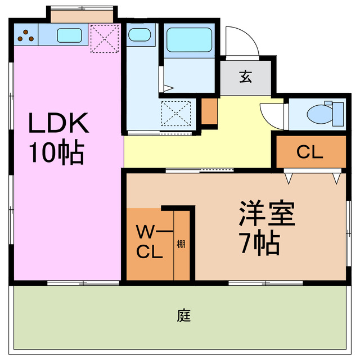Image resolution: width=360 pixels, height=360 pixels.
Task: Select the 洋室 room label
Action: [x=267, y=214]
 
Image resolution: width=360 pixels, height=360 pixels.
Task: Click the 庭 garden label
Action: [x=183, y=316]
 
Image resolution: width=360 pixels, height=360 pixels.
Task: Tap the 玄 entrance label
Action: [x=246, y=76]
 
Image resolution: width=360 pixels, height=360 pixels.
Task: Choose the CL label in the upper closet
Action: [x=309, y=152]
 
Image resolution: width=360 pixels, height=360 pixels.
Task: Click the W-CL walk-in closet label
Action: [x=150, y=241]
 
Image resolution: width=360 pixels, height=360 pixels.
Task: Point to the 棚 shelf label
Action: [x=182, y=244]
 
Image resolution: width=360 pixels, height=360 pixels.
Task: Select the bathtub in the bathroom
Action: [x=189, y=40]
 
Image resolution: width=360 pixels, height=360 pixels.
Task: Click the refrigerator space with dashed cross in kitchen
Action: [x=104, y=38]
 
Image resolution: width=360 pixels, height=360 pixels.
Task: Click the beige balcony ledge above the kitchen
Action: [x=83, y=15]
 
